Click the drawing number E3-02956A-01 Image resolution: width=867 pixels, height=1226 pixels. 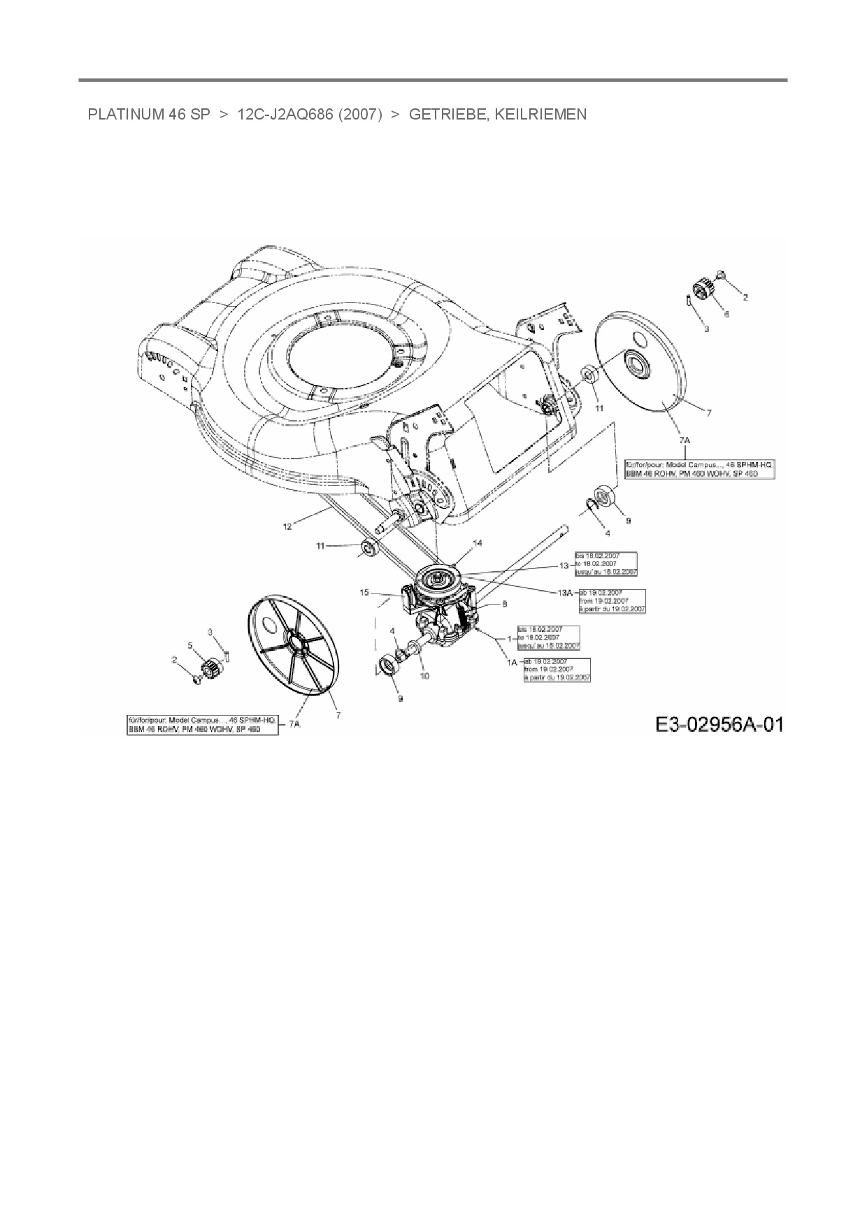[x=719, y=724]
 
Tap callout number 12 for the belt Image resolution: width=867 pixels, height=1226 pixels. [x=287, y=526]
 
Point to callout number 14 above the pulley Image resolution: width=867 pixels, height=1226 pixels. [x=478, y=543]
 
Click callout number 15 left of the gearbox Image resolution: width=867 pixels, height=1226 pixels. [x=364, y=593]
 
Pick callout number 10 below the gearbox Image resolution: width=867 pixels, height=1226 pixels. [x=424, y=676]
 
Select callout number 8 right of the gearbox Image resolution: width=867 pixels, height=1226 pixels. [x=504, y=603]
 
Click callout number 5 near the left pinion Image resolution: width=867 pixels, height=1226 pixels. [x=189, y=645]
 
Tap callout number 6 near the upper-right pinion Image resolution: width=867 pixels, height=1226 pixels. [x=726, y=315]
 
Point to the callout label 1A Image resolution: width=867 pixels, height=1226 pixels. [x=513, y=662]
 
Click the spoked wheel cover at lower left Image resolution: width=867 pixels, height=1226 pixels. [x=294, y=645]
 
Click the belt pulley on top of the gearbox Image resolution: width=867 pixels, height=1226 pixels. [x=439, y=579]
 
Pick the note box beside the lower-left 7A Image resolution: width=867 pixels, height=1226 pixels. [x=203, y=725]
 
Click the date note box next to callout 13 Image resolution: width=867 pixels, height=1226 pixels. [x=606, y=563]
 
